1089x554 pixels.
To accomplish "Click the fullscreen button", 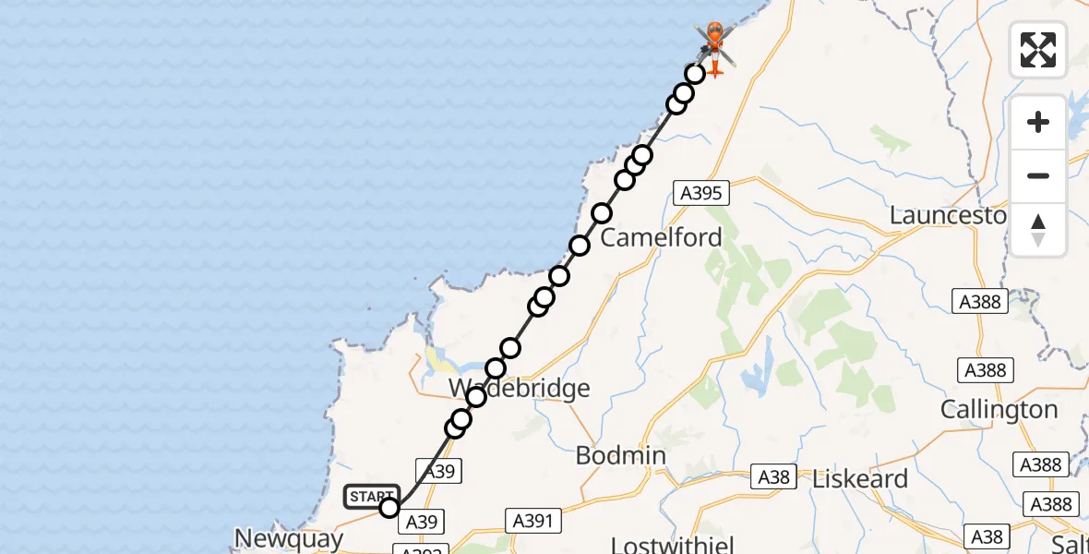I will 1038,50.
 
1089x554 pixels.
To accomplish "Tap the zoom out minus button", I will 1038,175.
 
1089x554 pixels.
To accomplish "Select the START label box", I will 372,497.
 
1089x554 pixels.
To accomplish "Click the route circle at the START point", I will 389,507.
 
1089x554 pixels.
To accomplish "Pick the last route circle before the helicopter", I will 695,73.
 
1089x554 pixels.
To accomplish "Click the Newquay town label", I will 289,538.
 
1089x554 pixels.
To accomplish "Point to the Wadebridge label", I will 519,388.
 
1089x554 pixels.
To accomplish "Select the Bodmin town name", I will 620,455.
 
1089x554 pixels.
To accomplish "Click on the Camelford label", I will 661,237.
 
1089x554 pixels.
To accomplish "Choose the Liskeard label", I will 860,479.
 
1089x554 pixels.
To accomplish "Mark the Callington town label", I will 999,409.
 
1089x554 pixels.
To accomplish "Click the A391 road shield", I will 533,521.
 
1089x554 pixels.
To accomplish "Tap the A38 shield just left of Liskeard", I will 773,476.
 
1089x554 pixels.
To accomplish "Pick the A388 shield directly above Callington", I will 985,370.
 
